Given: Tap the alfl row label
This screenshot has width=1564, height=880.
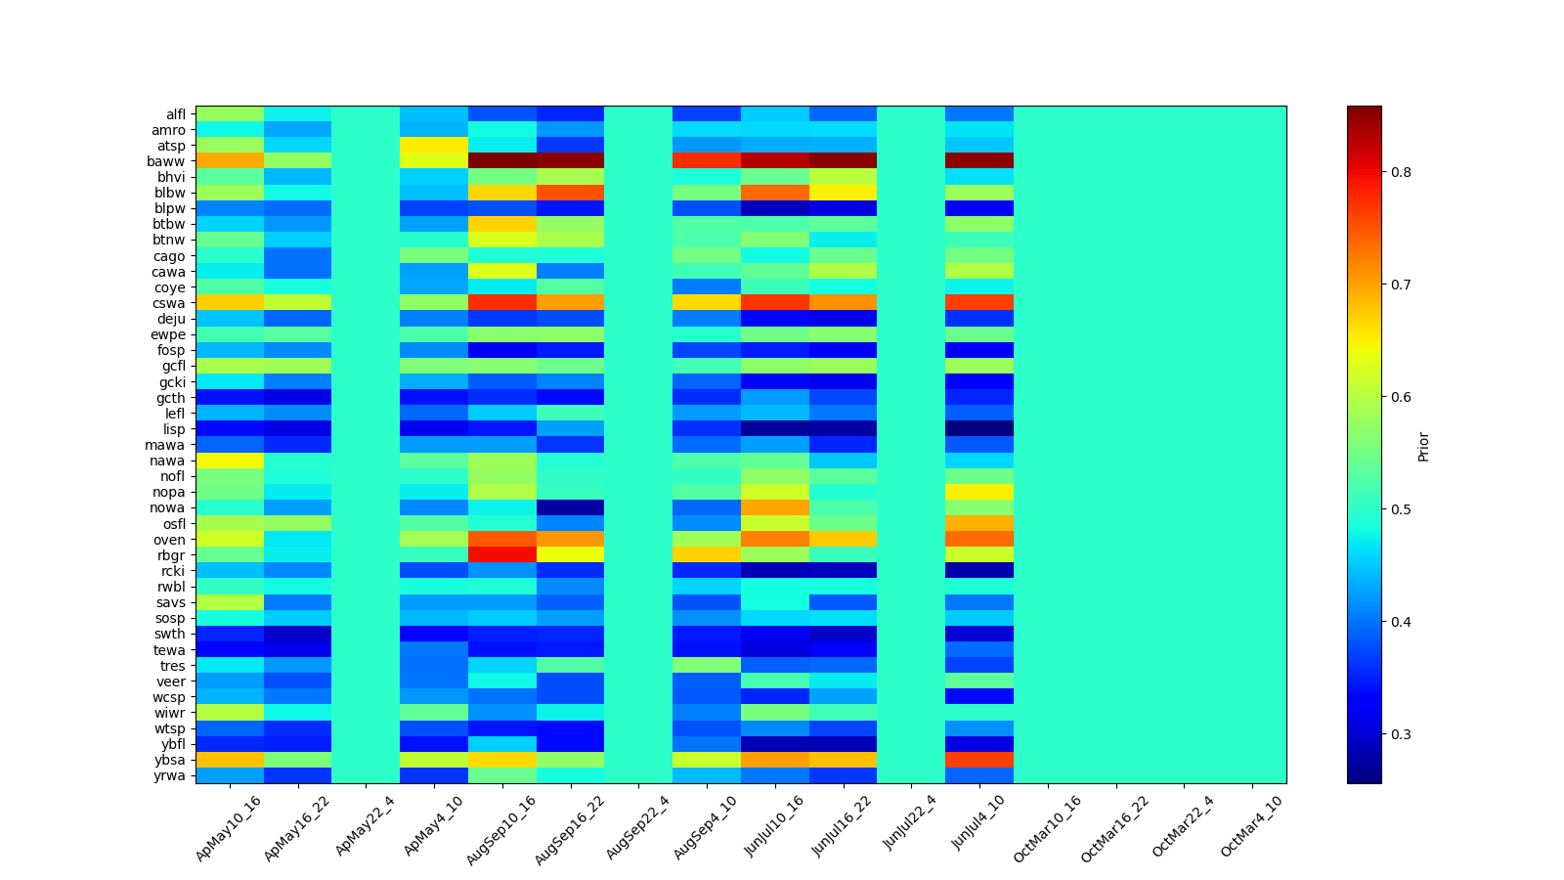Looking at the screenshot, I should (x=176, y=114).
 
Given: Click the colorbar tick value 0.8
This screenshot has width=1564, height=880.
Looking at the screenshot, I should (x=1401, y=172).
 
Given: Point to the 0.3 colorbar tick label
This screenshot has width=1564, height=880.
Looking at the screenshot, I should (x=1401, y=734).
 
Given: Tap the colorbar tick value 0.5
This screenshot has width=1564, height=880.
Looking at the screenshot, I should (x=1401, y=509).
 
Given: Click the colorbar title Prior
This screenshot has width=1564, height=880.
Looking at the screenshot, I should (x=1423, y=446).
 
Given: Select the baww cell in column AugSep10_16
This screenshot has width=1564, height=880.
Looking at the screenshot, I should (x=502, y=161).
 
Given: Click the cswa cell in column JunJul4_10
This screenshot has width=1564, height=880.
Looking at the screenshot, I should (x=979, y=303).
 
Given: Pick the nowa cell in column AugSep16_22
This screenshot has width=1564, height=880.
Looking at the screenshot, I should (x=570, y=507).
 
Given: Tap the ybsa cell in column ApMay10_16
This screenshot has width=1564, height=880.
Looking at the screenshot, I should (x=230, y=760).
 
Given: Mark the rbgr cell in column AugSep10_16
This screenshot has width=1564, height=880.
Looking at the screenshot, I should (x=502, y=555).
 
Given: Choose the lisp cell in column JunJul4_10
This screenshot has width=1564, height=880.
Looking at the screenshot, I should (x=979, y=429).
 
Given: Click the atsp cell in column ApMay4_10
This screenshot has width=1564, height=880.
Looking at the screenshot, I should (x=434, y=146).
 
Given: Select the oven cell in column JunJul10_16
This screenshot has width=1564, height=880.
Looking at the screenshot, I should (x=775, y=540).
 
